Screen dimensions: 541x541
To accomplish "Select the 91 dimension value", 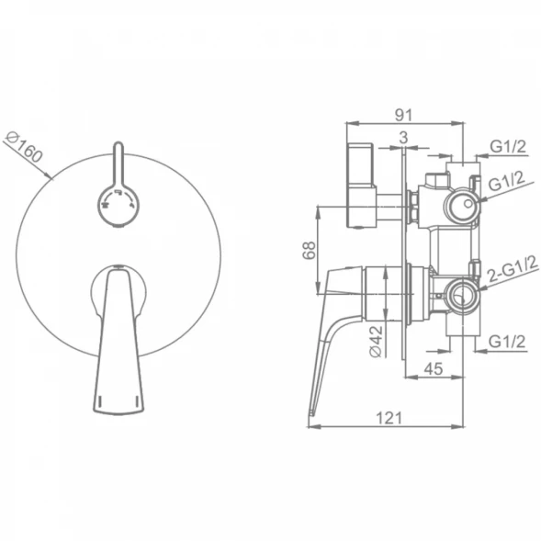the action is pos(403,115).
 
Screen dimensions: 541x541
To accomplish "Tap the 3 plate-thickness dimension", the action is pos(403,138).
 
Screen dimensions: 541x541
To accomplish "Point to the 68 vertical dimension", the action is pos(310,250).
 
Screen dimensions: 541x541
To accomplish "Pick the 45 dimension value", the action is pos(433,369).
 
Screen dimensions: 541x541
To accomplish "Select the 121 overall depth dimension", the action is pos(389,418).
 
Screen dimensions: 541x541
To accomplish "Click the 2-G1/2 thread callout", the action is pos(513,269).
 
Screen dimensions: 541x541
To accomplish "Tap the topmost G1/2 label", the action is pos(508,147).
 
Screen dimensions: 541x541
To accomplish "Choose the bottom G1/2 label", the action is pos(507,342).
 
